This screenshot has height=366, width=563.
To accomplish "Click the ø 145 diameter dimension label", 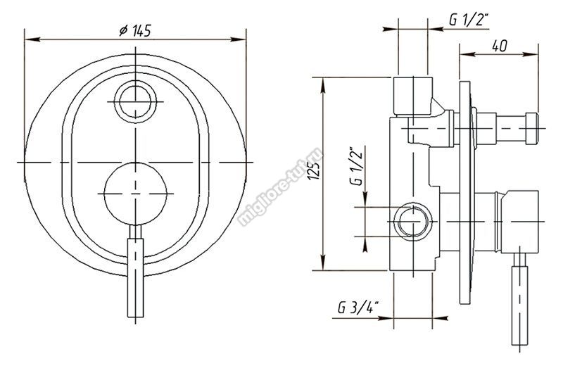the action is point(135,31).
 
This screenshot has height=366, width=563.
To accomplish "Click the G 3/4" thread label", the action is point(359,308).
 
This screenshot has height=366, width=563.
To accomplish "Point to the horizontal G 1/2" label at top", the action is point(469,20).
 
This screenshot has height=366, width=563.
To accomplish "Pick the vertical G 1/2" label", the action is point(357,165).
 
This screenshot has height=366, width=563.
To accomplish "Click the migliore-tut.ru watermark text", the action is point(280,189).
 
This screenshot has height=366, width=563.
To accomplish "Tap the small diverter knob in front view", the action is point(135,101).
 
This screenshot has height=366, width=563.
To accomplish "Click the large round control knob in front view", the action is point(135,194).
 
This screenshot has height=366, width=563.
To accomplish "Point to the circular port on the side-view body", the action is point(413,221).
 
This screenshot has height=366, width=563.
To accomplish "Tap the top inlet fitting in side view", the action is point(412,96).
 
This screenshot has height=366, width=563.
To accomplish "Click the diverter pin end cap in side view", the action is point(532,129).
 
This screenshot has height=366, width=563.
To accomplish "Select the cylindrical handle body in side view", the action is point(520,222).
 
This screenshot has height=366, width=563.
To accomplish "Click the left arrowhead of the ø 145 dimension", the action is point(32,39).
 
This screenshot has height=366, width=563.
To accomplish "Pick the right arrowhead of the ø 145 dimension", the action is point(238,39).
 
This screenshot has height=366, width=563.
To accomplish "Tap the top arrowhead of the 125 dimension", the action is point(324,84).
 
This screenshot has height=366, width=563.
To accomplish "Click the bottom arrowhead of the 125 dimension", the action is point(324,263).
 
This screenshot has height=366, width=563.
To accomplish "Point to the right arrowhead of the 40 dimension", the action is point(531,54).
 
